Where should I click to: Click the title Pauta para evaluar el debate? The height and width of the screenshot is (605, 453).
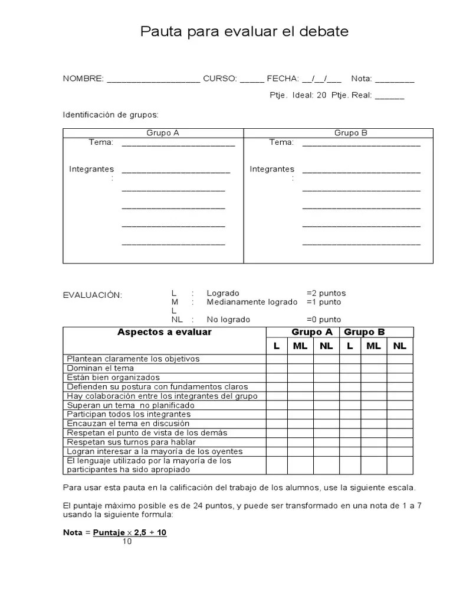(244, 31)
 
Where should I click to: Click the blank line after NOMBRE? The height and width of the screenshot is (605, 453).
(154, 80)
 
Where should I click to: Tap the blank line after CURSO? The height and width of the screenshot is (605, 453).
(252, 80)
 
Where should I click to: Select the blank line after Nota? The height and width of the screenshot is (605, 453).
(394, 80)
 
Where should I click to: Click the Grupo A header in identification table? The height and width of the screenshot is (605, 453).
(162, 133)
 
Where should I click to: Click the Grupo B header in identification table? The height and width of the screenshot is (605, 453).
(350, 133)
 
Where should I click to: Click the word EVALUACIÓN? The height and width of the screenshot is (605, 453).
(92, 295)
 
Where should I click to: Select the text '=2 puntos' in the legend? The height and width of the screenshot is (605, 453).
(326, 293)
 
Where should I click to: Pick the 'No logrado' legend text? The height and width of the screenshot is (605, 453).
(228, 320)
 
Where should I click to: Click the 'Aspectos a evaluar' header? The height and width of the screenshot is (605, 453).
(165, 333)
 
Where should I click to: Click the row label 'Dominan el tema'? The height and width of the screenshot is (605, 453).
(100, 368)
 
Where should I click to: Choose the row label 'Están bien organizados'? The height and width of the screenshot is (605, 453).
(113, 378)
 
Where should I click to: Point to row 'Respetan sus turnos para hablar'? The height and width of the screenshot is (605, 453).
(131, 442)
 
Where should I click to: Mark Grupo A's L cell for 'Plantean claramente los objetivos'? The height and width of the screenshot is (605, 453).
(277, 359)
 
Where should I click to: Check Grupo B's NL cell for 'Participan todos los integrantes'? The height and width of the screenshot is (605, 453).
(399, 414)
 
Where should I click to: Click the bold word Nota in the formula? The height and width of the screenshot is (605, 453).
(73, 532)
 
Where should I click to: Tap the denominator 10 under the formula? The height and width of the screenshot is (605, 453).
(127, 542)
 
